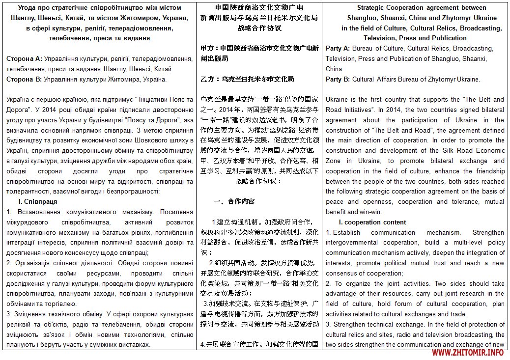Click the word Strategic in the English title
click(x=372, y=7)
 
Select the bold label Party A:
click(x=338, y=48)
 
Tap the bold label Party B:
click(x=338, y=79)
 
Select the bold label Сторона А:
click(x=24, y=58)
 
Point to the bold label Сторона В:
click(x=24, y=79)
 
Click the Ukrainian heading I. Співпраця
click(x=38, y=201)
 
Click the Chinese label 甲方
click(x=208, y=48)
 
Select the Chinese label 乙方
click(x=208, y=79)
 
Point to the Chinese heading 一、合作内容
click(x=234, y=201)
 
